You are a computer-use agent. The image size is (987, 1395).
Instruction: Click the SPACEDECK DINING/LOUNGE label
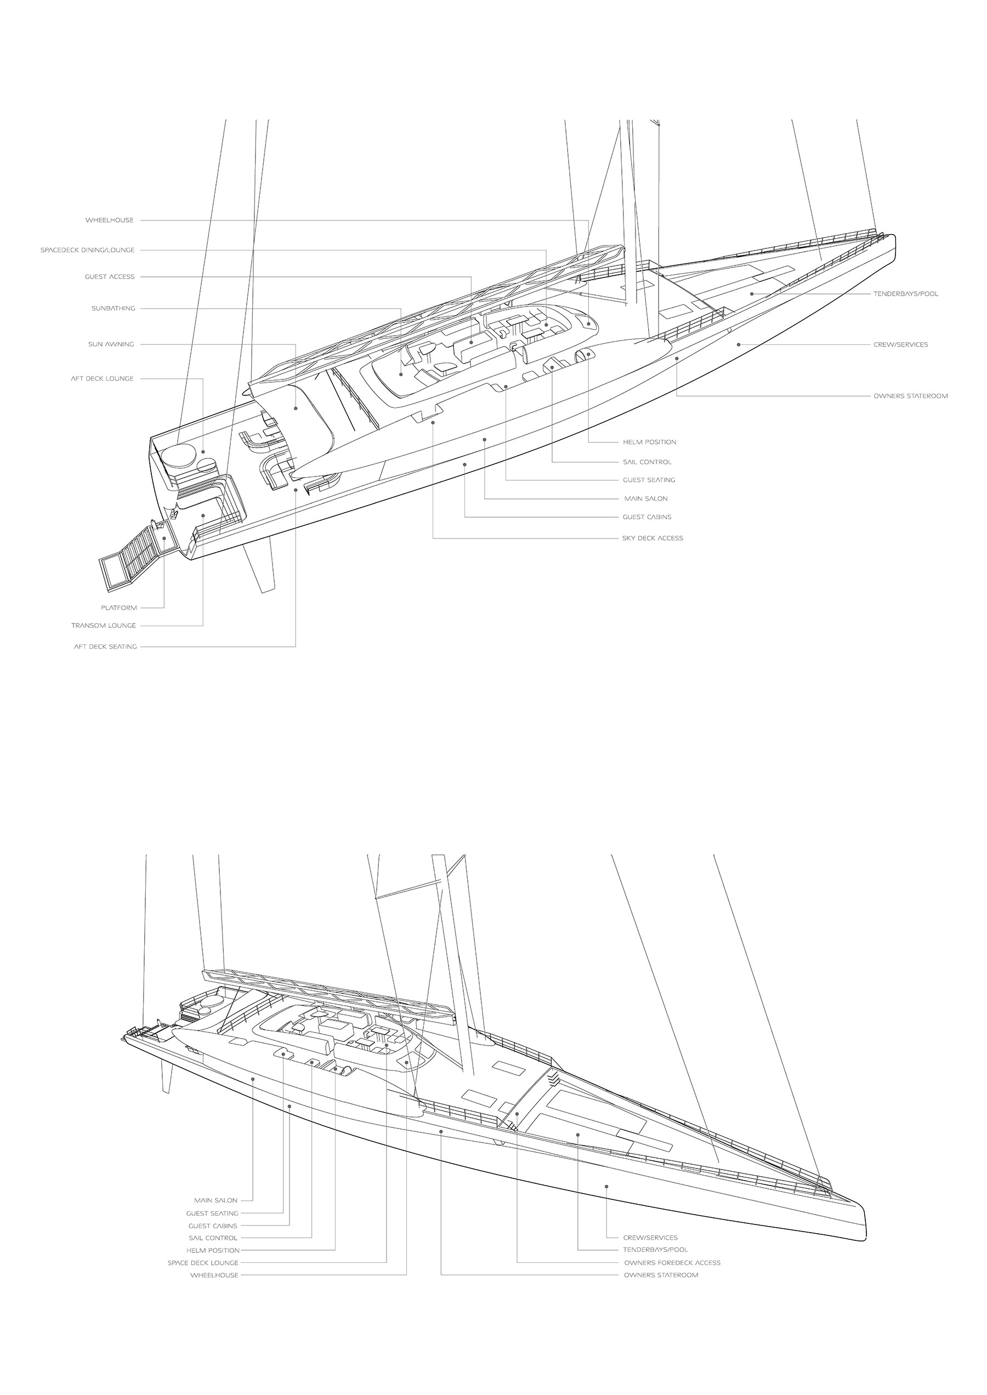[88, 250]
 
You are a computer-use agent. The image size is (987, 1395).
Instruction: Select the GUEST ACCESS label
[110, 276]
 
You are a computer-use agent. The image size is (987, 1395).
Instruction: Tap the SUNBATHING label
[113, 308]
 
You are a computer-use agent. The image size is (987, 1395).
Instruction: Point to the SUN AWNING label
[111, 344]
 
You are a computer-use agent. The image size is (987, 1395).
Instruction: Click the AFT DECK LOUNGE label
[101, 378]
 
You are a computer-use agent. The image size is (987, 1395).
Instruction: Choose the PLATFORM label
[119, 607]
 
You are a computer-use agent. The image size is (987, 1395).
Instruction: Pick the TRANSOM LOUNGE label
[103, 625]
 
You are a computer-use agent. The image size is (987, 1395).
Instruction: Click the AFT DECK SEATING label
[105, 646]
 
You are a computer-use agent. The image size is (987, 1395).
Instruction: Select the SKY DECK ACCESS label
[652, 538]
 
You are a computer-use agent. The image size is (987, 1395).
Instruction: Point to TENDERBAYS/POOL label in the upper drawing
[905, 293]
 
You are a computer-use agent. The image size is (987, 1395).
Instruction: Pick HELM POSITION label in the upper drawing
[649, 442]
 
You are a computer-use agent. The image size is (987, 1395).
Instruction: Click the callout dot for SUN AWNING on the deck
[296, 409]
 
